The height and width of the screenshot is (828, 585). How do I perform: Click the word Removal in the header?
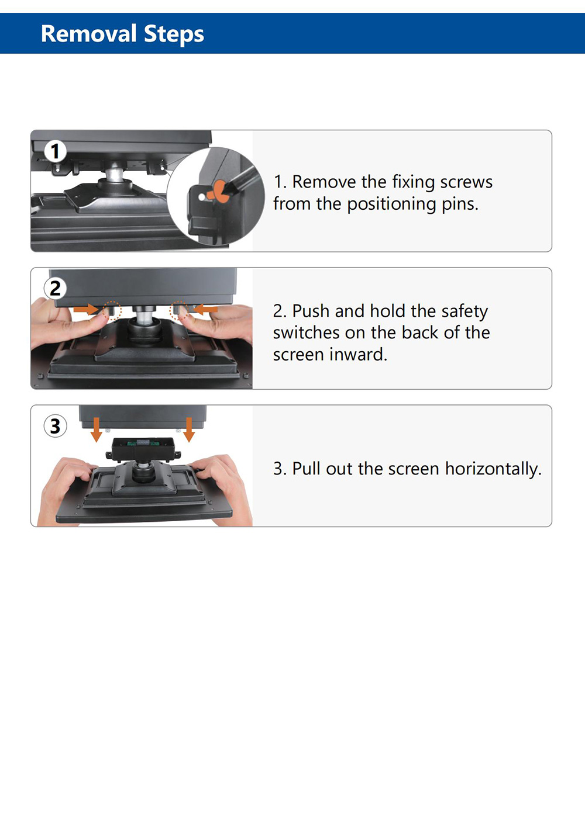(89, 34)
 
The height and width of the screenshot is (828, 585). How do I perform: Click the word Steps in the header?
(174, 34)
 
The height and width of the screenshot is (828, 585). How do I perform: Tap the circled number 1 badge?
(55, 151)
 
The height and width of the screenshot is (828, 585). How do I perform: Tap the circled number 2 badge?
(55, 288)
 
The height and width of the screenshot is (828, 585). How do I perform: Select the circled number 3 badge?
(55, 426)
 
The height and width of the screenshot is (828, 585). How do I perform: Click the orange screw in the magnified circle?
(219, 191)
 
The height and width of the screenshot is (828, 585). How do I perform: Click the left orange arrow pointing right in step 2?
(86, 309)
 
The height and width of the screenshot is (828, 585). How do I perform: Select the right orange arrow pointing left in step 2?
(205, 309)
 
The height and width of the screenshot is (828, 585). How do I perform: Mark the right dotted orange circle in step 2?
(179, 310)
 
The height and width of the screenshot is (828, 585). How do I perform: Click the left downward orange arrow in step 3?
(97, 429)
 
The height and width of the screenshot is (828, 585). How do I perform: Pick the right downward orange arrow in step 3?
(189, 429)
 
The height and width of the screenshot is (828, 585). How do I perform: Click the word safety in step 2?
(464, 311)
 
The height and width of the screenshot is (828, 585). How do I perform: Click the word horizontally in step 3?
(493, 469)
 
